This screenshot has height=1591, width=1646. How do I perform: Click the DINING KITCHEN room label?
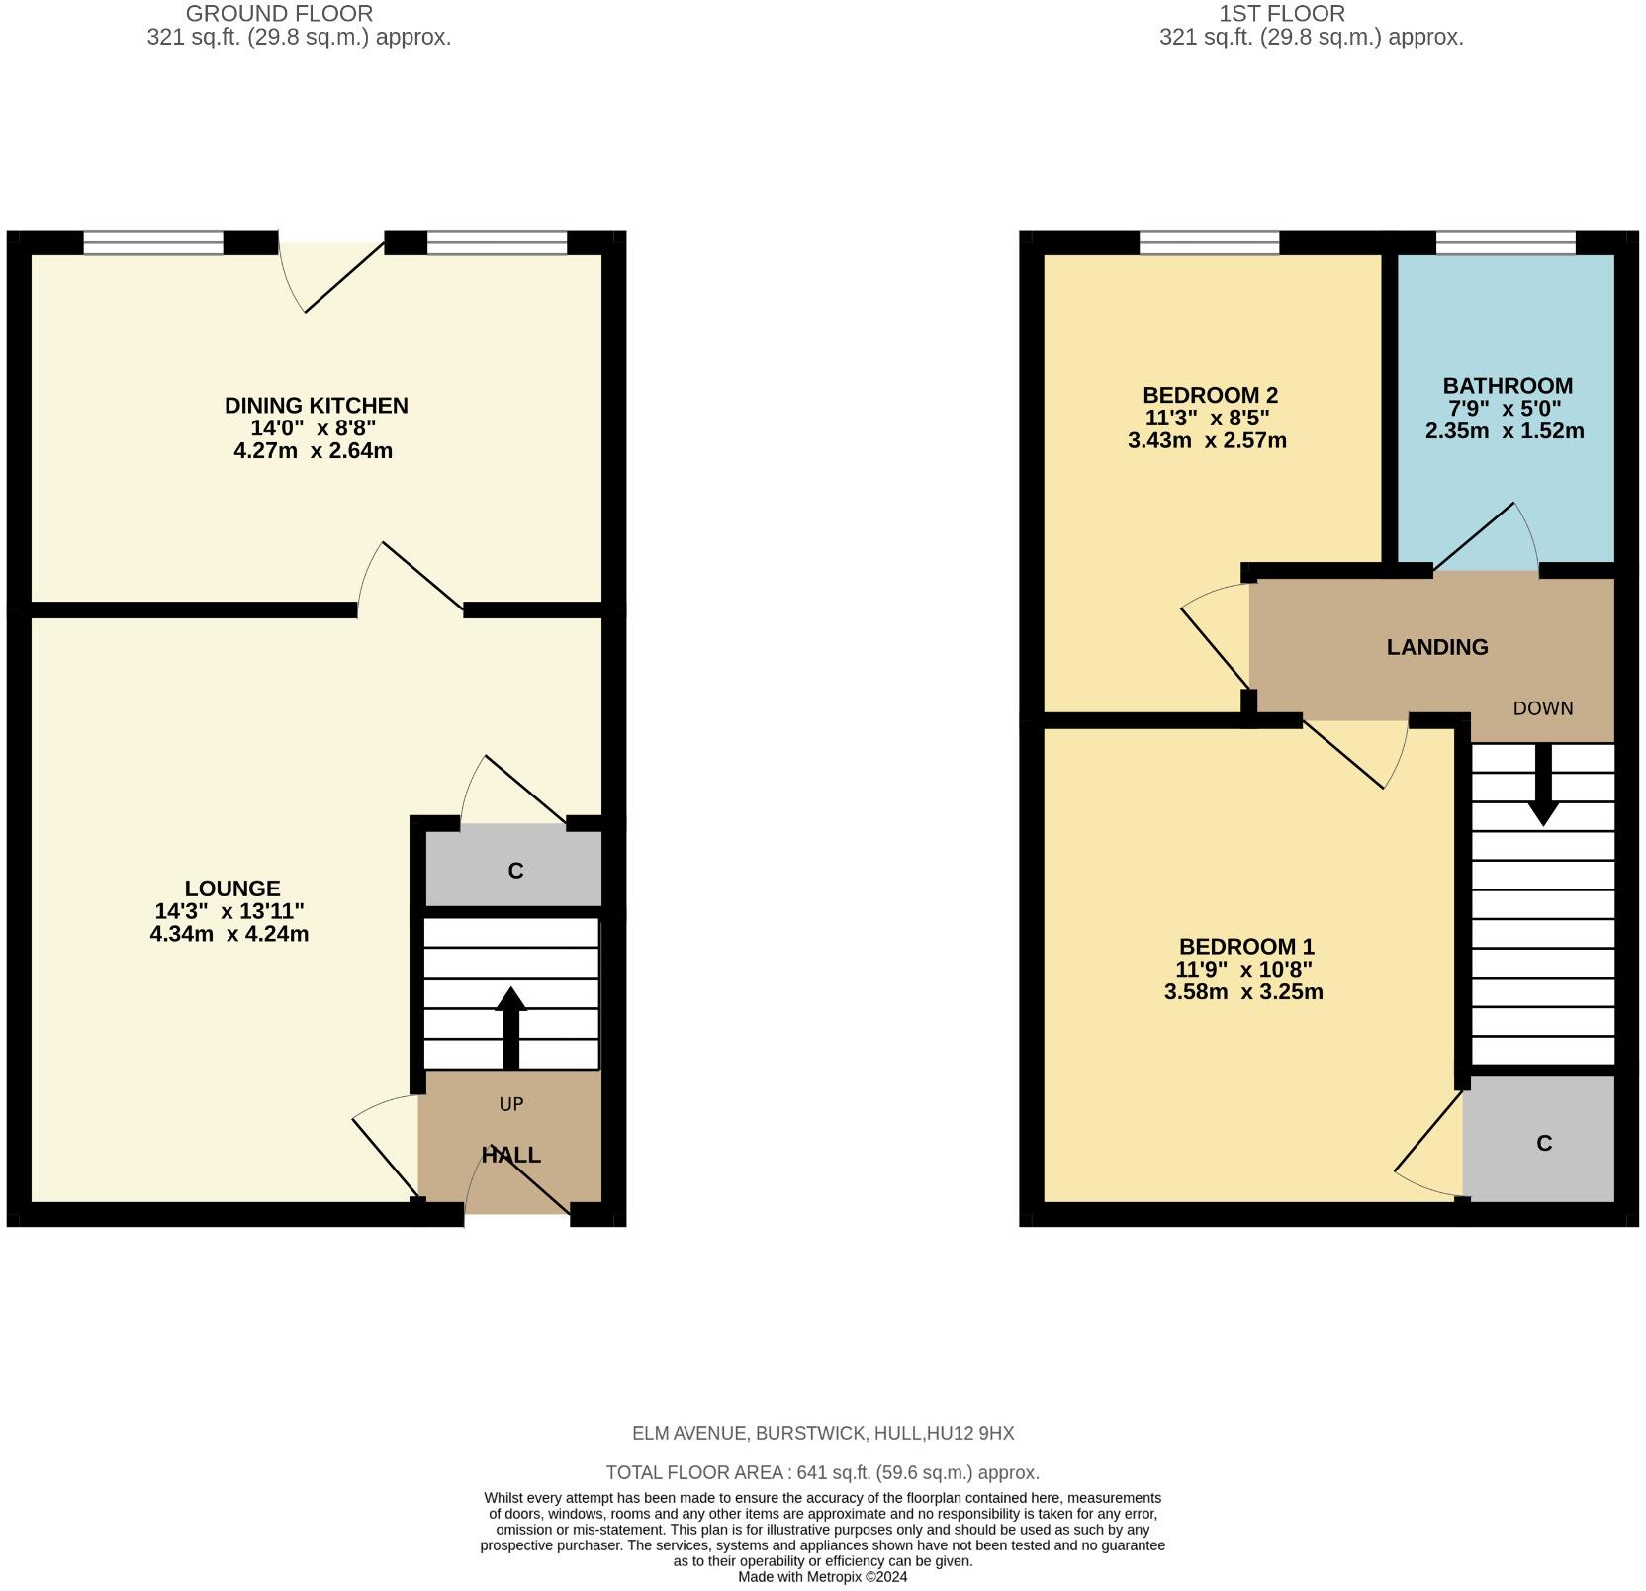(316, 405)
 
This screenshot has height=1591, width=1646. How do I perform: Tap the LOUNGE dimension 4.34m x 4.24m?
(229, 934)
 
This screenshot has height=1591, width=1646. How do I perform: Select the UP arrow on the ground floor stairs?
(510, 1026)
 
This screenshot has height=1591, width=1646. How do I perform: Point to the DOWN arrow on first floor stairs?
(1542, 787)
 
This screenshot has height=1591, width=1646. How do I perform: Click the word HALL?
(510, 1155)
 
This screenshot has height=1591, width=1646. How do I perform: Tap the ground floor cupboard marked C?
(514, 871)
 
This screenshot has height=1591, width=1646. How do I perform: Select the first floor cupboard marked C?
(1543, 1143)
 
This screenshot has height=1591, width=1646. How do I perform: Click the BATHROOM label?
(1507, 386)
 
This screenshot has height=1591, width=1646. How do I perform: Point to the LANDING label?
(1436, 647)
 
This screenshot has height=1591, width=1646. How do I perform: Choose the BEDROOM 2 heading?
(1209, 395)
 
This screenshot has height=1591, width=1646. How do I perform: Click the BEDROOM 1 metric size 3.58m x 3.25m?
(1244, 992)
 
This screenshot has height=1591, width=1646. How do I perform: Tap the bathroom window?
(1505, 242)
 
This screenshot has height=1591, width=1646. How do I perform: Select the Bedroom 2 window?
(1209, 242)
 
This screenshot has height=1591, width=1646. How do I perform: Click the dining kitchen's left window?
(153, 242)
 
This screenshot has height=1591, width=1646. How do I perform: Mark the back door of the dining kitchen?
(331, 272)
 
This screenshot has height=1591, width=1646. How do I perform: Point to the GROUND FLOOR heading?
(280, 14)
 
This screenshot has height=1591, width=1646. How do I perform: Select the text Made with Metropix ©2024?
(822, 1577)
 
